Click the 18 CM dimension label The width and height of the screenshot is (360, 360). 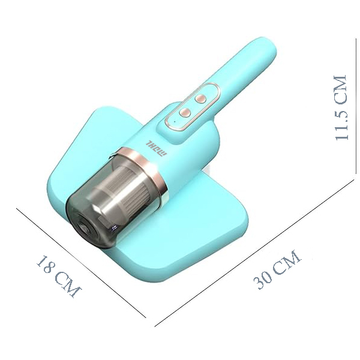(x=58, y=276)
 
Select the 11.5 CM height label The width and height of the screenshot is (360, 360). (x=340, y=108)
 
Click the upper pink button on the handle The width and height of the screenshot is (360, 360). (x=201, y=96)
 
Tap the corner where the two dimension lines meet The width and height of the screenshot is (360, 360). (x=155, y=326)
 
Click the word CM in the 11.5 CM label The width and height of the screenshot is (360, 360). (x=340, y=88)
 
